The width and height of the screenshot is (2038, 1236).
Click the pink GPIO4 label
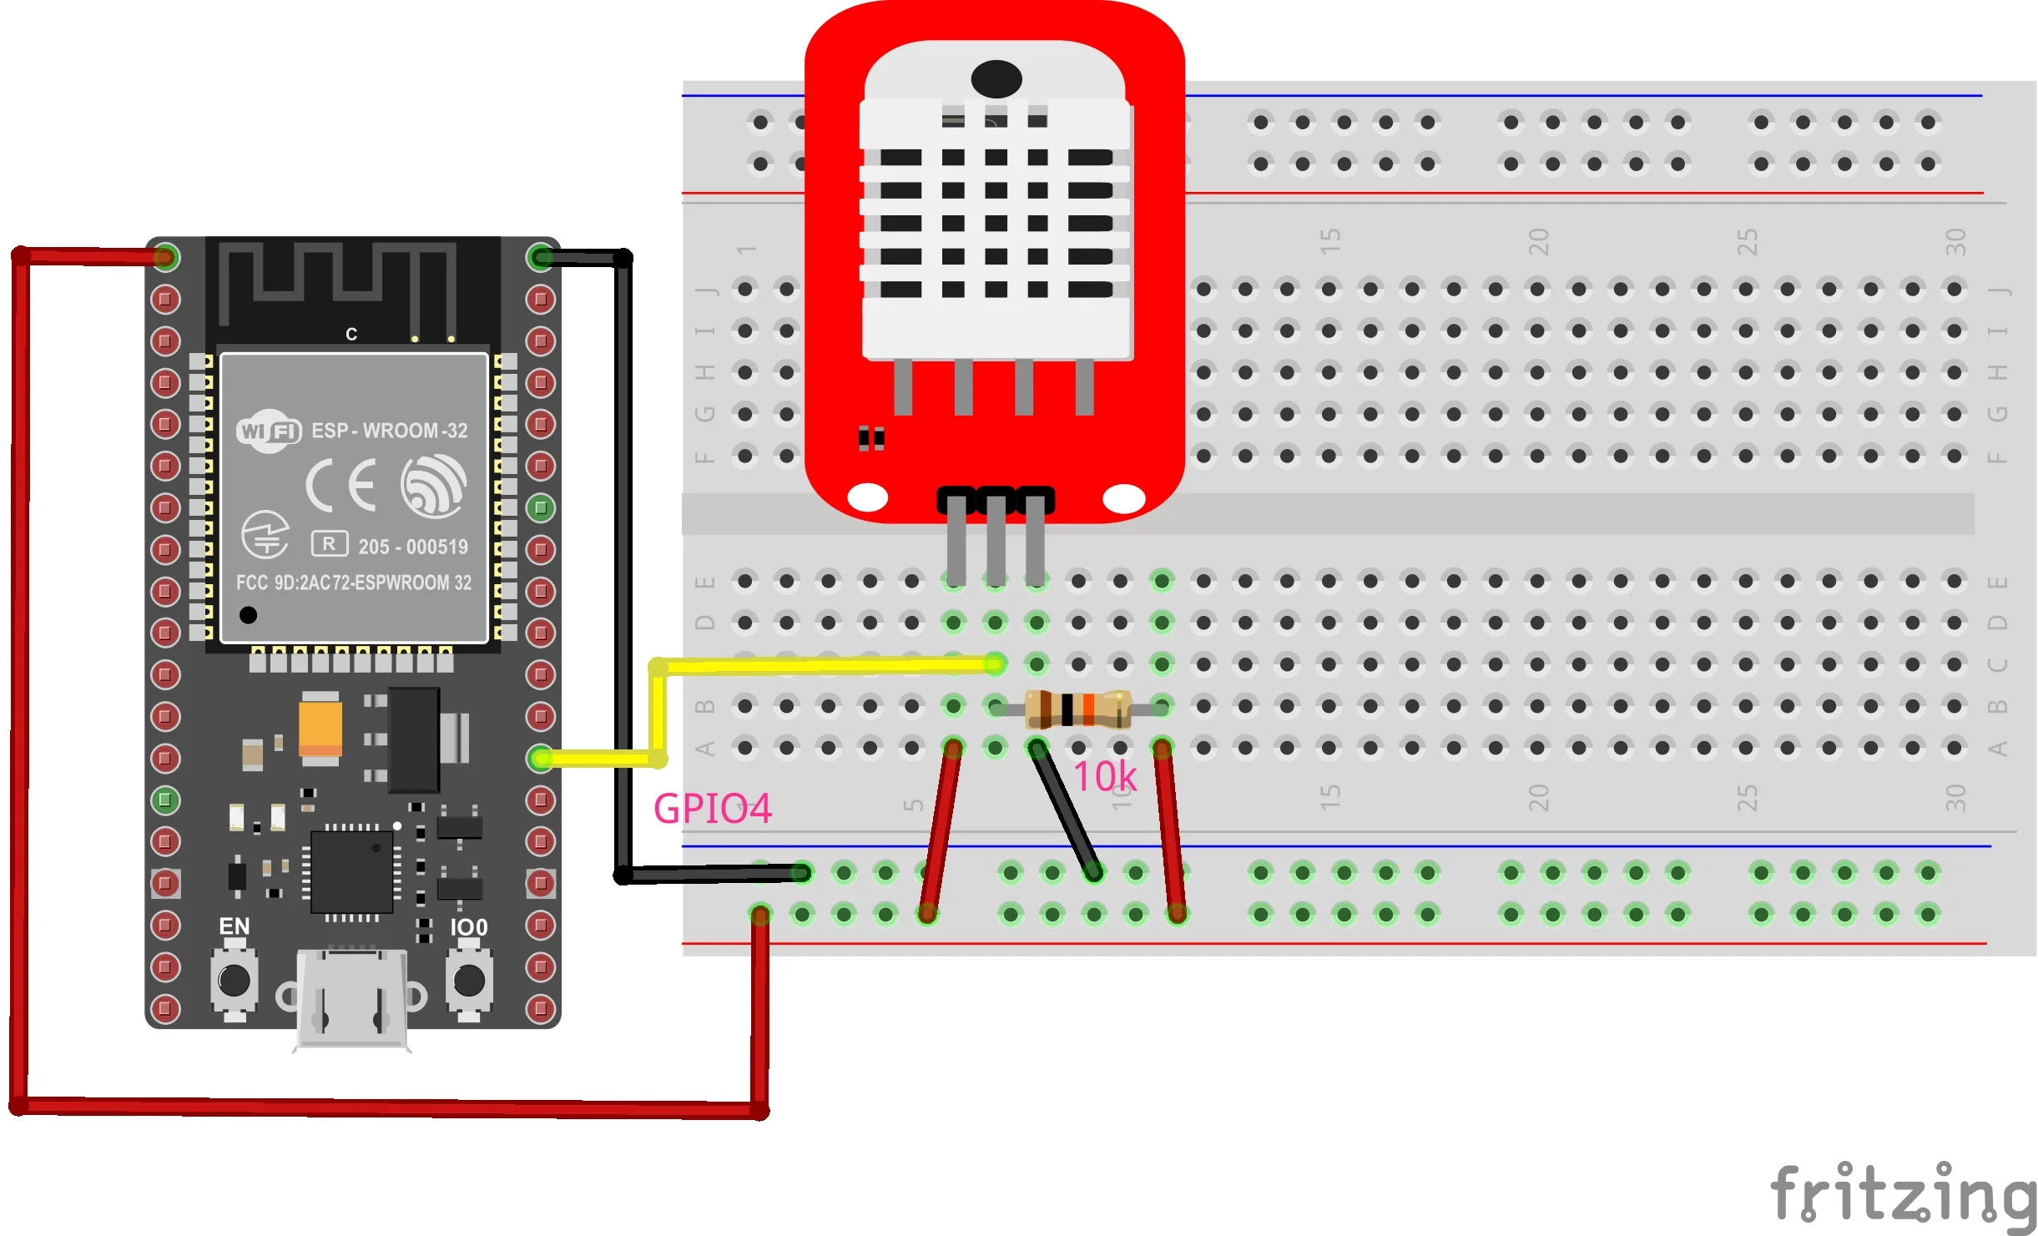coord(712,808)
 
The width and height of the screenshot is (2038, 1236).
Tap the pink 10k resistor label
coord(1104,777)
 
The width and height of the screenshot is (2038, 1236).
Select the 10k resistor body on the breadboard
coord(1077,709)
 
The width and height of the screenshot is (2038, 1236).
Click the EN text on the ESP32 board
coord(234,926)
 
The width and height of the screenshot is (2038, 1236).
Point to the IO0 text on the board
coord(468,927)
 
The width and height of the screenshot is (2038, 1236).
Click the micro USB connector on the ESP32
coord(352,997)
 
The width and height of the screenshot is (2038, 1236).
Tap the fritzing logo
coord(1903,1194)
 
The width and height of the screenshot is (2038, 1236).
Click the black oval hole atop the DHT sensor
coord(996,79)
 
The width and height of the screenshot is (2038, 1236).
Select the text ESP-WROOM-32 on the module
coord(389,431)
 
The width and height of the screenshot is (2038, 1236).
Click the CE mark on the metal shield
coord(341,485)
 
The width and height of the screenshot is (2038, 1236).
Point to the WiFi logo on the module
coord(268,431)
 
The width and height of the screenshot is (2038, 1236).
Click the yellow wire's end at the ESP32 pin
coord(541,758)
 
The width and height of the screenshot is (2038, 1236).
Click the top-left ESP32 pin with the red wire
coord(165,257)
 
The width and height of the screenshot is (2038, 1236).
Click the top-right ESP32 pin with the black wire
coord(541,257)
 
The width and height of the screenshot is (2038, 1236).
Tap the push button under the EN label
coord(235,980)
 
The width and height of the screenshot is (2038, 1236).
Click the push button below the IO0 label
coord(469,980)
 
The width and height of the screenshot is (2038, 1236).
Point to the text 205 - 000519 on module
coord(413,547)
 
